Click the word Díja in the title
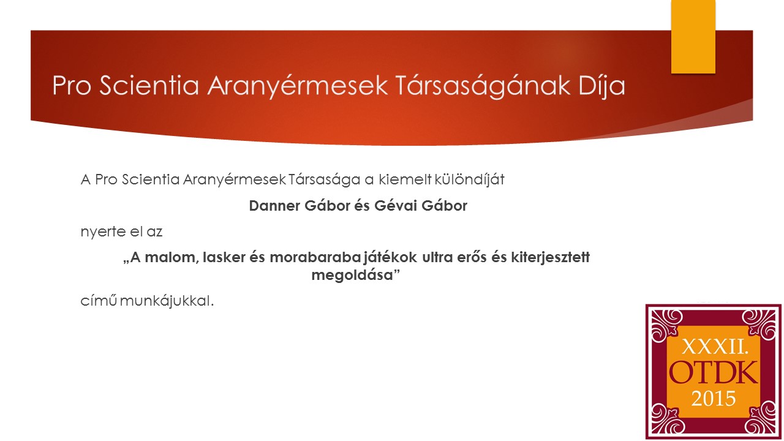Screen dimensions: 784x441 [601, 86]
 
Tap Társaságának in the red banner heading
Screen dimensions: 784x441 [483, 86]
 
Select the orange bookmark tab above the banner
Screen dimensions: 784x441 [693, 36]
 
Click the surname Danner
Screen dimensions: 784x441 [275, 206]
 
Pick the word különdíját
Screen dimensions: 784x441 [469, 179]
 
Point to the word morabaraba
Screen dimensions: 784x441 [315, 257]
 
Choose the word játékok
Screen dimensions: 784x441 [390, 258]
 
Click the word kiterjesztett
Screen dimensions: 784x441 [551, 258]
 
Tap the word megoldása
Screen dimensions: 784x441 [352, 276]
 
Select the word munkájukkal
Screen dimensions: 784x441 [167, 301]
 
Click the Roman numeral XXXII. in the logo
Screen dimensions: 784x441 [715, 347]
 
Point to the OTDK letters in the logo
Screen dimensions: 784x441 [714, 373]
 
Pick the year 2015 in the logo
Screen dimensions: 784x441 [714, 399]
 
